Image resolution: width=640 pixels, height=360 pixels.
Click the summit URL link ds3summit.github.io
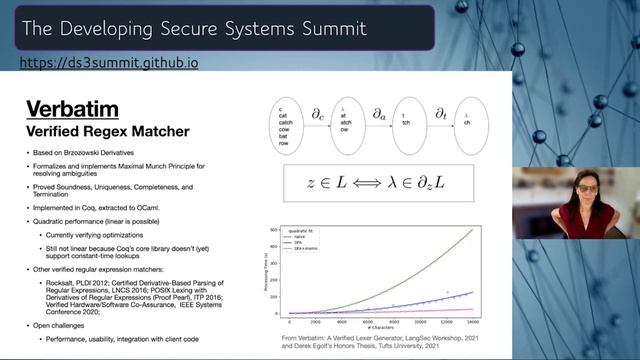click(109, 62)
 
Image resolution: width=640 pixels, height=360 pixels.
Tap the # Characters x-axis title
click(384, 325)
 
